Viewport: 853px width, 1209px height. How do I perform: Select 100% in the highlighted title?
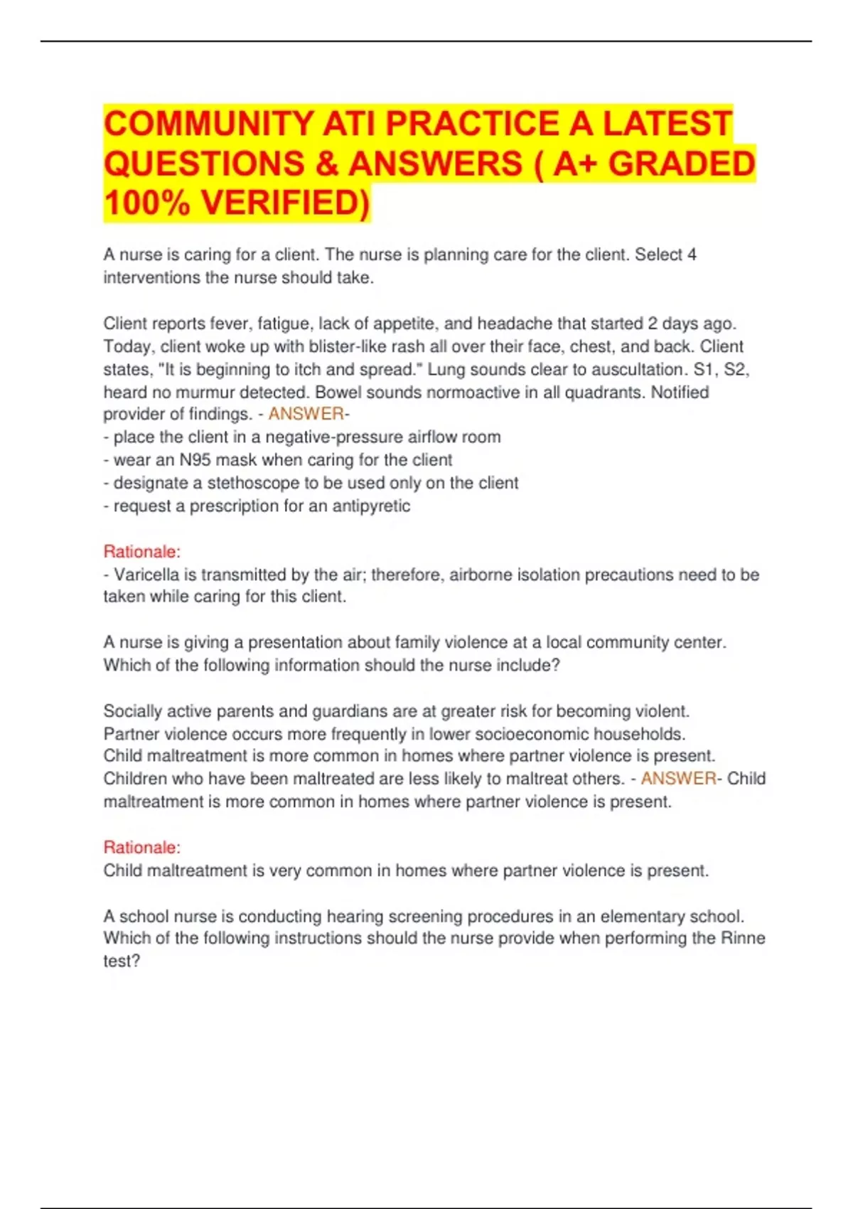tap(146, 203)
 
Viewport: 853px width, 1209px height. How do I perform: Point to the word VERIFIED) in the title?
tap(286, 203)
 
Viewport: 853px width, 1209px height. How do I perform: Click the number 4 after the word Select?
tap(692, 255)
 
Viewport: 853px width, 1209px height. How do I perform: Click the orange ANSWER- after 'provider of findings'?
tap(309, 414)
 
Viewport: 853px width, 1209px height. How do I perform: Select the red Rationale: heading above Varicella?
tap(142, 551)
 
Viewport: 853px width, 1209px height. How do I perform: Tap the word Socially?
tap(134, 711)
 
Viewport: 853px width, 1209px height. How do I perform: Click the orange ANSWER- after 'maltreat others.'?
tap(681, 779)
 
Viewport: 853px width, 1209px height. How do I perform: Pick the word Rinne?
tap(743, 938)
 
